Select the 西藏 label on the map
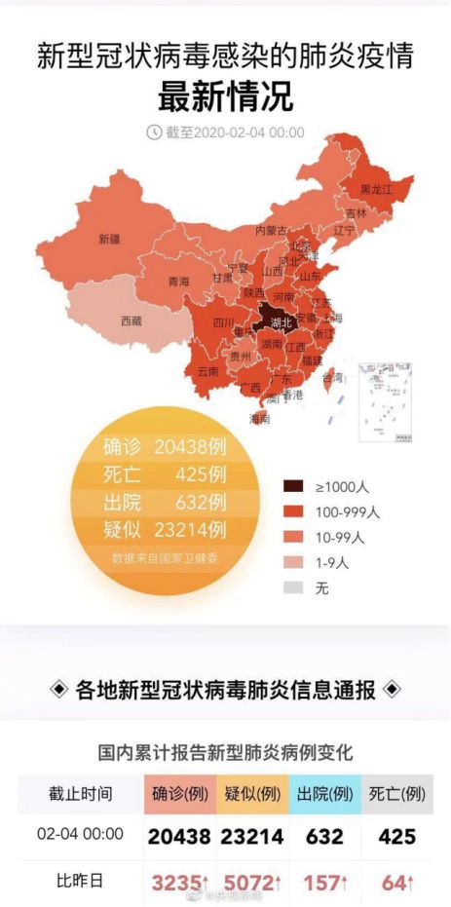coord(131,320)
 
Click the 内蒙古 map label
coord(271,231)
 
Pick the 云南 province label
coord(208,371)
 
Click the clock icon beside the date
coord(154,132)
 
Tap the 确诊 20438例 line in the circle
coord(165,448)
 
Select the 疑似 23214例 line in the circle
coord(165,530)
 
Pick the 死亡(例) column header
coord(397,793)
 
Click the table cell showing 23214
coord(254,836)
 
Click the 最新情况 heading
coord(225,96)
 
